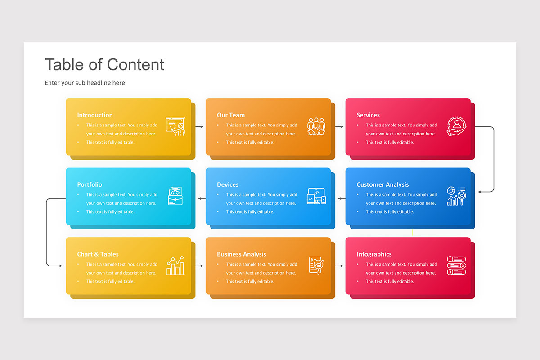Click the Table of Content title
pyautogui.click(x=104, y=65)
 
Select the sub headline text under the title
pyautogui.click(x=85, y=83)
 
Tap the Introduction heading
pyautogui.click(x=95, y=115)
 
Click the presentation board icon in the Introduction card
pyautogui.click(x=175, y=126)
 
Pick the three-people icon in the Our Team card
pyautogui.click(x=316, y=126)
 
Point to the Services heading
pyautogui.click(x=368, y=115)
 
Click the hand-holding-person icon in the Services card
pyautogui.click(x=456, y=126)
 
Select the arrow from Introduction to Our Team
pyautogui.click(x=199, y=126)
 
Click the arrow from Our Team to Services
pyautogui.click(x=339, y=126)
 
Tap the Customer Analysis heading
pyautogui.click(x=382, y=184)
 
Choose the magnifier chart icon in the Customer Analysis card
pyautogui.click(x=456, y=196)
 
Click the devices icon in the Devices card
pyautogui.click(x=316, y=196)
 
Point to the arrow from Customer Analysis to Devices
pyautogui.click(x=342, y=198)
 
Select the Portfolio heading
pyautogui.click(x=90, y=184)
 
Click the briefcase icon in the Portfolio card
pyautogui.click(x=175, y=196)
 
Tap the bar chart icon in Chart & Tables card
pyautogui.click(x=175, y=265)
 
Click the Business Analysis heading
pyautogui.click(x=241, y=254)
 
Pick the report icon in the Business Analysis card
pyautogui.click(x=316, y=265)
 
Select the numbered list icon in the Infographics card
pyautogui.click(x=456, y=265)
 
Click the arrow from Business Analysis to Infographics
pyautogui.click(x=339, y=265)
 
